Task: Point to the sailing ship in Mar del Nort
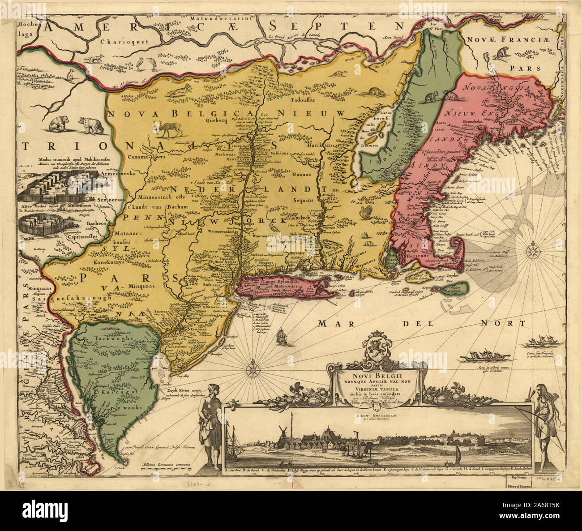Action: [x=282, y=336]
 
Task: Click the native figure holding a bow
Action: [x=544, y=421]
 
